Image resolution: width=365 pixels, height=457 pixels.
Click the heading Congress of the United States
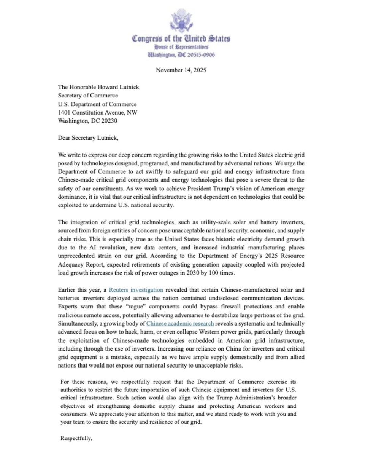tap(181, 39)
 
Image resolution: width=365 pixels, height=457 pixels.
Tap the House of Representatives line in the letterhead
tap(181, 47)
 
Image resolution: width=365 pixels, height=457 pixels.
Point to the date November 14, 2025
tap(181, 70)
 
